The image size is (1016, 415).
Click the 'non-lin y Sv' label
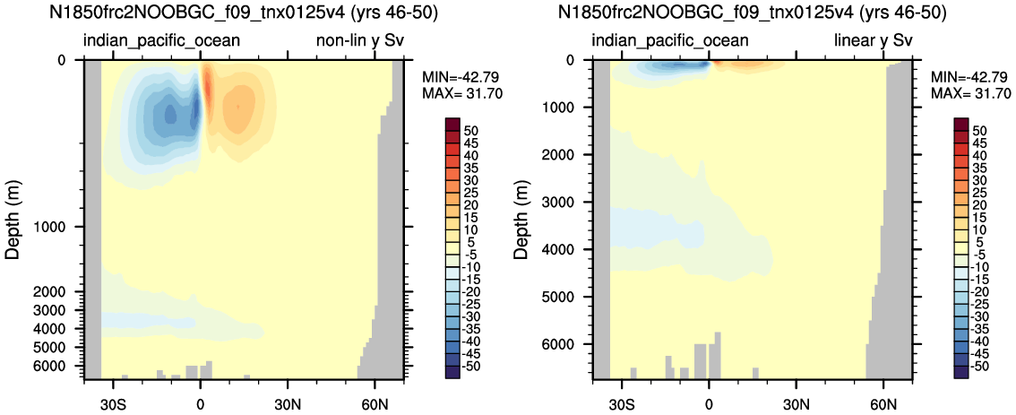coord(357,41)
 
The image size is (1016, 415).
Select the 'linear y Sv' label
coord(874,41)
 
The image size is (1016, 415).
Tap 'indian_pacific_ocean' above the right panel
coord(671,41)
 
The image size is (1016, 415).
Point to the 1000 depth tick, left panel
coord(62,227)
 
